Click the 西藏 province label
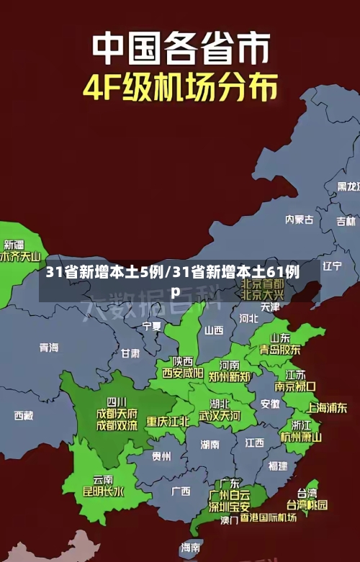[23, 415]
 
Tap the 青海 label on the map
[49, 348]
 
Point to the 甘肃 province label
[130, 354]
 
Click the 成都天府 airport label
[116, 413]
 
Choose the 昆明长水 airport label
[103, 492]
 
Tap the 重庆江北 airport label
[168, 421]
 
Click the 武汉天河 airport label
[220, 416]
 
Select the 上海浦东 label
[327, 407]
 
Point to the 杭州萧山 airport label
[301, 437]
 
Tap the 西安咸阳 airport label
[182, 373]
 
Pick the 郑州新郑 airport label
[229, 376]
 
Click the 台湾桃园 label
[307, 505]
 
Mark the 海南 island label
[191, 548]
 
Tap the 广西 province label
[181, 491]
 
